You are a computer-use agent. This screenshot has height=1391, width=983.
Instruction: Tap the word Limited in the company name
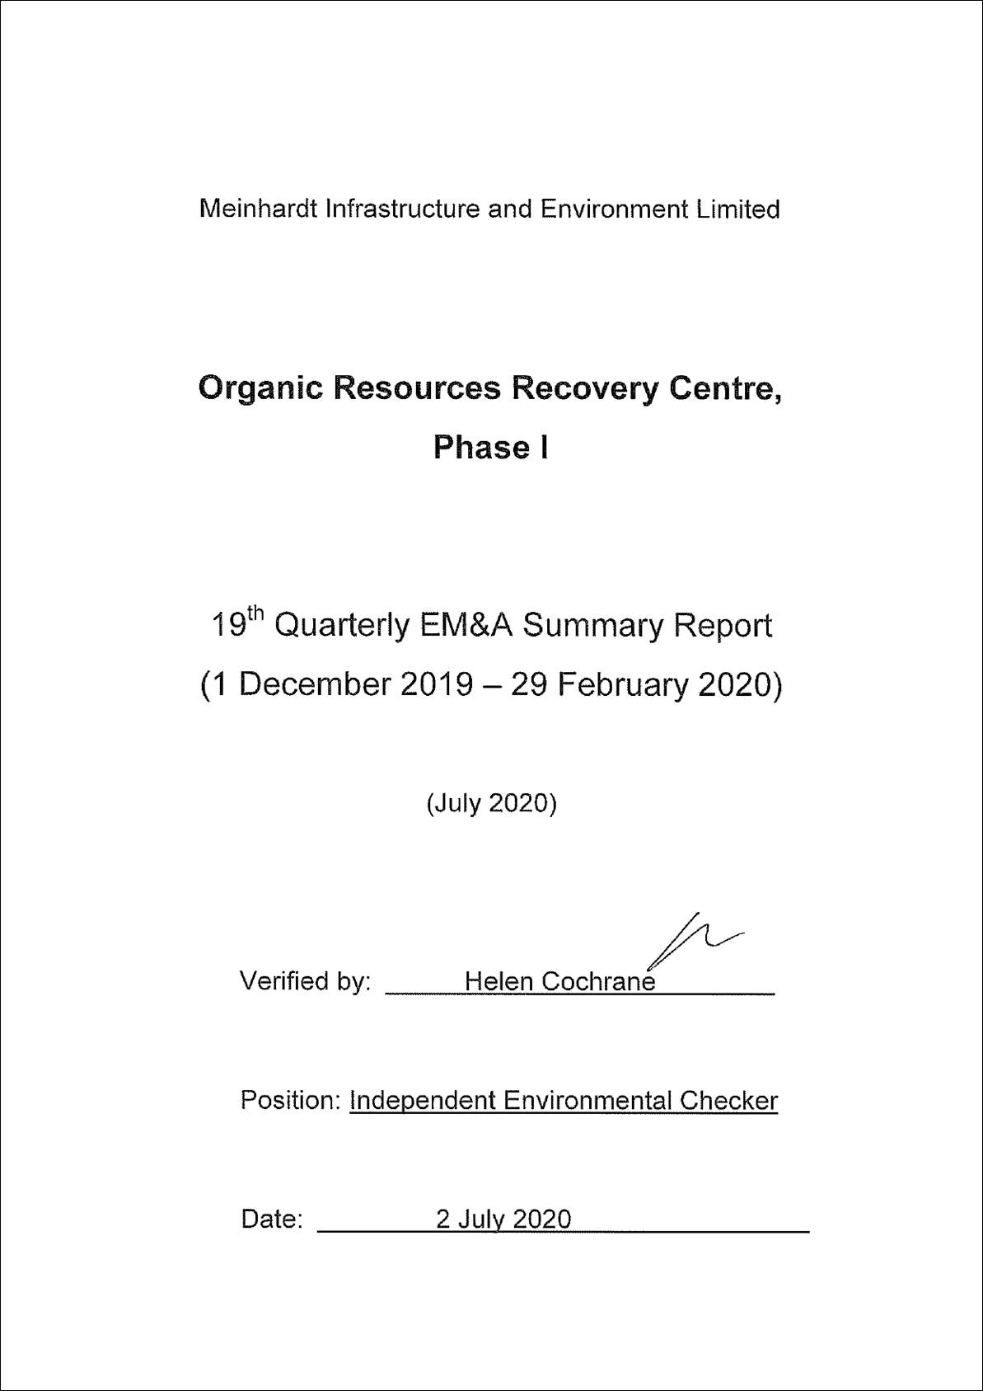tap(737, 209)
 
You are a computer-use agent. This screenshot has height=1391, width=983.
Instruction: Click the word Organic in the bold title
tap(260, 388)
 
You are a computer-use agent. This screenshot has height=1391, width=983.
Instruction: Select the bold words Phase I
tap(490, 448)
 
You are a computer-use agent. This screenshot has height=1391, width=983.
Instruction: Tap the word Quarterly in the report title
tap(340, 627)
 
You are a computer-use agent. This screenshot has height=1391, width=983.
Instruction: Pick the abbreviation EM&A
tap(466, 625)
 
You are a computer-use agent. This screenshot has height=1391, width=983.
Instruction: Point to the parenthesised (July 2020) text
tap(491, 803)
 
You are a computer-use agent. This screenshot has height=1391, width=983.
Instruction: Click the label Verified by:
tap(305, 981)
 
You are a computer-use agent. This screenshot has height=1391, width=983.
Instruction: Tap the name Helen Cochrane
tap(559, 981)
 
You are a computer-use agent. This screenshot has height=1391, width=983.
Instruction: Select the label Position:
tap(290, 1100)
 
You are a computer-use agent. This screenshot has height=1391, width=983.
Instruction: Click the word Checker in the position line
tap(728, 1101)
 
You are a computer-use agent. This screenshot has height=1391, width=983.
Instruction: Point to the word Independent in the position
tap(423, 1101)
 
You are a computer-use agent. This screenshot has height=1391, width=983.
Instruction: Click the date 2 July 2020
tap(503, 1219)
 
